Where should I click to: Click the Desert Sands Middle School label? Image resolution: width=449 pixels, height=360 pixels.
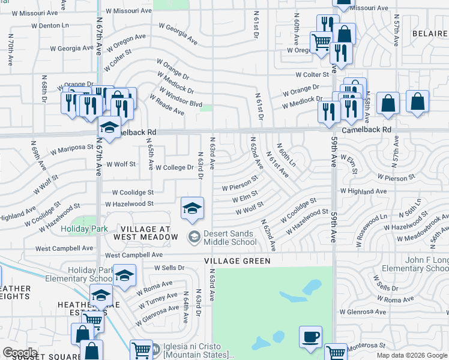[x=230, y=238]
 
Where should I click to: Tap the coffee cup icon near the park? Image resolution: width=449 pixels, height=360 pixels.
[x=310, y=337]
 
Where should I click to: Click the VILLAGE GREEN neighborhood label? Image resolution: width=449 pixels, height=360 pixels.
[x=237, y=261]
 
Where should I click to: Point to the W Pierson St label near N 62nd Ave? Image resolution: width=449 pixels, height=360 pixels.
[x=240, y=183]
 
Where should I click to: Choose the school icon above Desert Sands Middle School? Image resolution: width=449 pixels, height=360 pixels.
[x=192, y=208]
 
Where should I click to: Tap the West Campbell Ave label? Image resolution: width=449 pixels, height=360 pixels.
[x=64, y=248]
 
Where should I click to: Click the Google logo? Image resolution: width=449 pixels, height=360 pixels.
[x=20, y=353]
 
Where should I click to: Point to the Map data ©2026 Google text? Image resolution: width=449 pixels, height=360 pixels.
[x=412, y=355]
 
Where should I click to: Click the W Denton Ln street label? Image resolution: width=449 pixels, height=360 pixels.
[x=49, y=26]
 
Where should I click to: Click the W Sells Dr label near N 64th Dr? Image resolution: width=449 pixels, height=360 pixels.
[x=167, y=268]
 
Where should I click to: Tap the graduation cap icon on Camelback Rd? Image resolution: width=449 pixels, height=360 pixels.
[x=109, y=127]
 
